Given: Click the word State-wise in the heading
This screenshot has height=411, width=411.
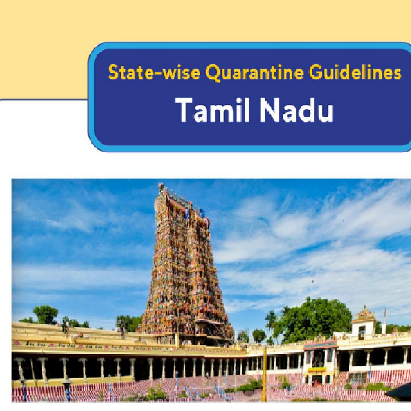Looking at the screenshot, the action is point(154,73).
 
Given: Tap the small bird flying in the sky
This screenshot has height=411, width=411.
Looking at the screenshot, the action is point(312,282).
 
